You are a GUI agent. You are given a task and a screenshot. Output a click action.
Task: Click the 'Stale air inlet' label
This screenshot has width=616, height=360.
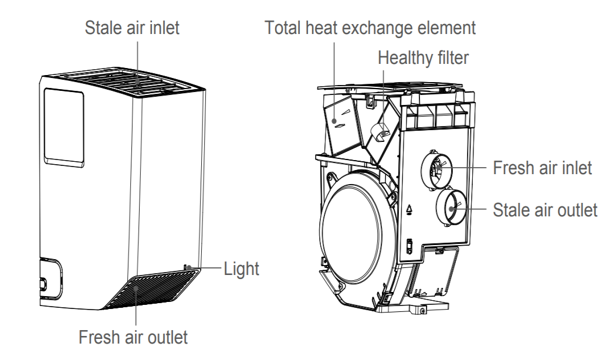click(x=132, y=28)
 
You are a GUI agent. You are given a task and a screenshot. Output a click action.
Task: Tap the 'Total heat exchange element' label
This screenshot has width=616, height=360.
click(x=370, y=28)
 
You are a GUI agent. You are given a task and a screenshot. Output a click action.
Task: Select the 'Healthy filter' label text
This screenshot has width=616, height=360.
click(x=423, y=57)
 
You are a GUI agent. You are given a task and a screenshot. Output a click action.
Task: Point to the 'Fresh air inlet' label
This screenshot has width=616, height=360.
click(x=542, y=168)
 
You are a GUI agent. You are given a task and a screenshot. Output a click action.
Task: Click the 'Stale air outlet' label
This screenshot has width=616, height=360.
click(x=545, y=210)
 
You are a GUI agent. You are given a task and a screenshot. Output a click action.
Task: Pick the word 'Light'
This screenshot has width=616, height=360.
click(x=241, y=269)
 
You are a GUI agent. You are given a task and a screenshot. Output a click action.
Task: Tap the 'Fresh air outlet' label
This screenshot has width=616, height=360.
click(x=133, y=337)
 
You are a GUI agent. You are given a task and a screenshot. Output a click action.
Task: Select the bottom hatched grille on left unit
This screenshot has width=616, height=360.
click(x=153, y=290)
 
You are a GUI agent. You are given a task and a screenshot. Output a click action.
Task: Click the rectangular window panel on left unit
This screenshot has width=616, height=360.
click(x=63, y=127)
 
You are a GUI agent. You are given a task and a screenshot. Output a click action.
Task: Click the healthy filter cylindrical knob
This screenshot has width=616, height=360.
click(x=379, y=131)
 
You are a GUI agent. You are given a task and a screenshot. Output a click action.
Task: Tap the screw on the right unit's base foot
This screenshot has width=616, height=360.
click(x=422, y=311)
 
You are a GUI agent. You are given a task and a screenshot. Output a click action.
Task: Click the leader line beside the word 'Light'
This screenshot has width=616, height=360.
click(x=205, y=268)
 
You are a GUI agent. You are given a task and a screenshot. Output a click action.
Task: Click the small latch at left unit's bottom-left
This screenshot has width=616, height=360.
click(x=42, y=283)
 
